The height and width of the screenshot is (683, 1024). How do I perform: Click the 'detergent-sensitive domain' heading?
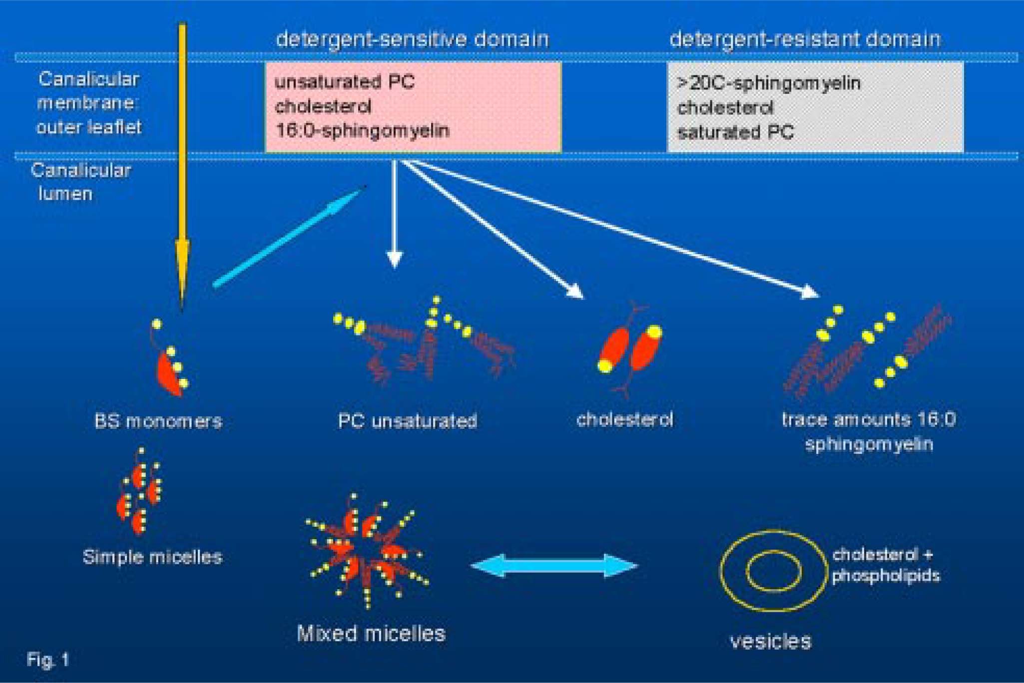(412, 39)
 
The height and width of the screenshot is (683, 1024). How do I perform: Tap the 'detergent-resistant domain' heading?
(805, 39)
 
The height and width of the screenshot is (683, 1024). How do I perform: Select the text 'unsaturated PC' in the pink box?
(345, 82)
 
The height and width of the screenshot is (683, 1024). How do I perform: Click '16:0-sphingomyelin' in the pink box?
(363, 131)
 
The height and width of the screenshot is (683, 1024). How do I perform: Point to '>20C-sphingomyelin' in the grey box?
(769, 83)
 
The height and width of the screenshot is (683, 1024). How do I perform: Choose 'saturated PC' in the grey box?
(735, 132)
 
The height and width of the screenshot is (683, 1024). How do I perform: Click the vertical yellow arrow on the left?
(182, 150)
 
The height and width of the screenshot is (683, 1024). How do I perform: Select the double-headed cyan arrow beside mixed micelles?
(554, 566)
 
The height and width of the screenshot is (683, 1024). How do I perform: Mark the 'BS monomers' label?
(158, 421)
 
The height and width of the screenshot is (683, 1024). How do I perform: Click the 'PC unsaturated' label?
(407, 421)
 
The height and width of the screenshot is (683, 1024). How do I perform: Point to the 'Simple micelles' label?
(152, 557)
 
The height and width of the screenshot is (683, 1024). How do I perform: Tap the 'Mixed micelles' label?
(371, 634)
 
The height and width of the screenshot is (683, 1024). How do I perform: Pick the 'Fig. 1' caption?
(47, 660)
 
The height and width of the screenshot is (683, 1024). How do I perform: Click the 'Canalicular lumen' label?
(80, 182)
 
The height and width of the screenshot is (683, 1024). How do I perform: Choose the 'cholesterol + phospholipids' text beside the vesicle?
(885, 565)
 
